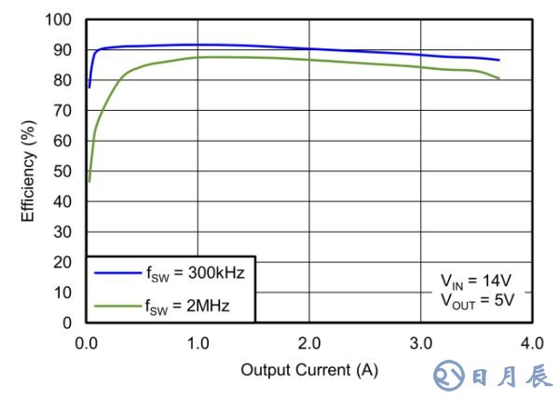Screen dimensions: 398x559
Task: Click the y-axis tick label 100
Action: click(x=60, y=20)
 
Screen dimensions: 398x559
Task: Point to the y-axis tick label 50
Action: click(x=63, y=172)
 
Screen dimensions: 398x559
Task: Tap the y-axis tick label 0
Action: click(x=67, y=323)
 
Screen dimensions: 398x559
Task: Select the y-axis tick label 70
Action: click(x=63, y=111)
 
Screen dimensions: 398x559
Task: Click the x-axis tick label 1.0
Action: click(x=198, y=342)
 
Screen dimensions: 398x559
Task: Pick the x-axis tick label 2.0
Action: click(x=309, y=342)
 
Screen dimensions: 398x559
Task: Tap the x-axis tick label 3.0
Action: click(x=420, y=342)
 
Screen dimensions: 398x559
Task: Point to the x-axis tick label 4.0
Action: click(x=531, y=342)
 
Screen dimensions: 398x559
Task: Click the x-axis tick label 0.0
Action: click(x=87, y=342)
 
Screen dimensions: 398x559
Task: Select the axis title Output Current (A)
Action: click(x=309, y=370)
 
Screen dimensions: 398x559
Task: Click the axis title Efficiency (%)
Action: click(x=29, y=172)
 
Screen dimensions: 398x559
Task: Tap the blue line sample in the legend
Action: click(x=116, y=272)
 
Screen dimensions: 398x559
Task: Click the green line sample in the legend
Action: click(x=116, y=303)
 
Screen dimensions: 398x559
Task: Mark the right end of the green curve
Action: click(x=498, y=78)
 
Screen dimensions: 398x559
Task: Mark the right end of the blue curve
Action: click(x=498, y=60)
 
